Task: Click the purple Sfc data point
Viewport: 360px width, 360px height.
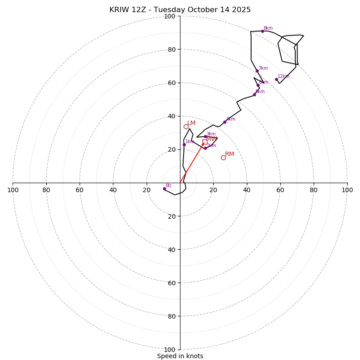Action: pyautogui.click(x=164, y=189)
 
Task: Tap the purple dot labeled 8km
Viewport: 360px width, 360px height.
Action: pyautogui.click(x=262, y=31)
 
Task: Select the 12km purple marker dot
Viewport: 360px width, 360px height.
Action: pyautogui.click(x=276, y=80)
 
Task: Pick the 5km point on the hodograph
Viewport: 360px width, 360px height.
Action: pyautogui.click(x=254, y=94)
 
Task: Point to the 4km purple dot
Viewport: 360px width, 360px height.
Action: pyautogui.click(x=225, y=122)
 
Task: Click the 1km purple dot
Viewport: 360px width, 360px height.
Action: pyautogui.click(x=184, y=144)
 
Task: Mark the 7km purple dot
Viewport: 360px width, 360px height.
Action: pyautogui.click(x=257, y=71)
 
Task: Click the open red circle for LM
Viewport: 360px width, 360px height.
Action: pyautogui.click(x=186, y=126)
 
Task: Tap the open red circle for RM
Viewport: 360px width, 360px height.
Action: pyautogui.click(x=223, y=157)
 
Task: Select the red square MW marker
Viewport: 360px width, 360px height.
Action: pyautogui.click(x=205, y=142)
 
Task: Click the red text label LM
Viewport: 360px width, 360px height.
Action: pyautogui.click(x=191, y=123)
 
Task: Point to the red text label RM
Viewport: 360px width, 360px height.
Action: pyautogui.click(x=229, y=154)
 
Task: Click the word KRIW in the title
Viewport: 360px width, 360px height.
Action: pyautogui.click(x=119, y=10)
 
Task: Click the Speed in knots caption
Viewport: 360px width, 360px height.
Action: pyautogui.click(x=180, y=356)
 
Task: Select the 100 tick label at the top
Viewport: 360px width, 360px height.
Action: pyautogui.click(x=170, y=17)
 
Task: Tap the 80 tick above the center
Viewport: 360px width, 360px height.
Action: pyautogui.click(x=171, y=49)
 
